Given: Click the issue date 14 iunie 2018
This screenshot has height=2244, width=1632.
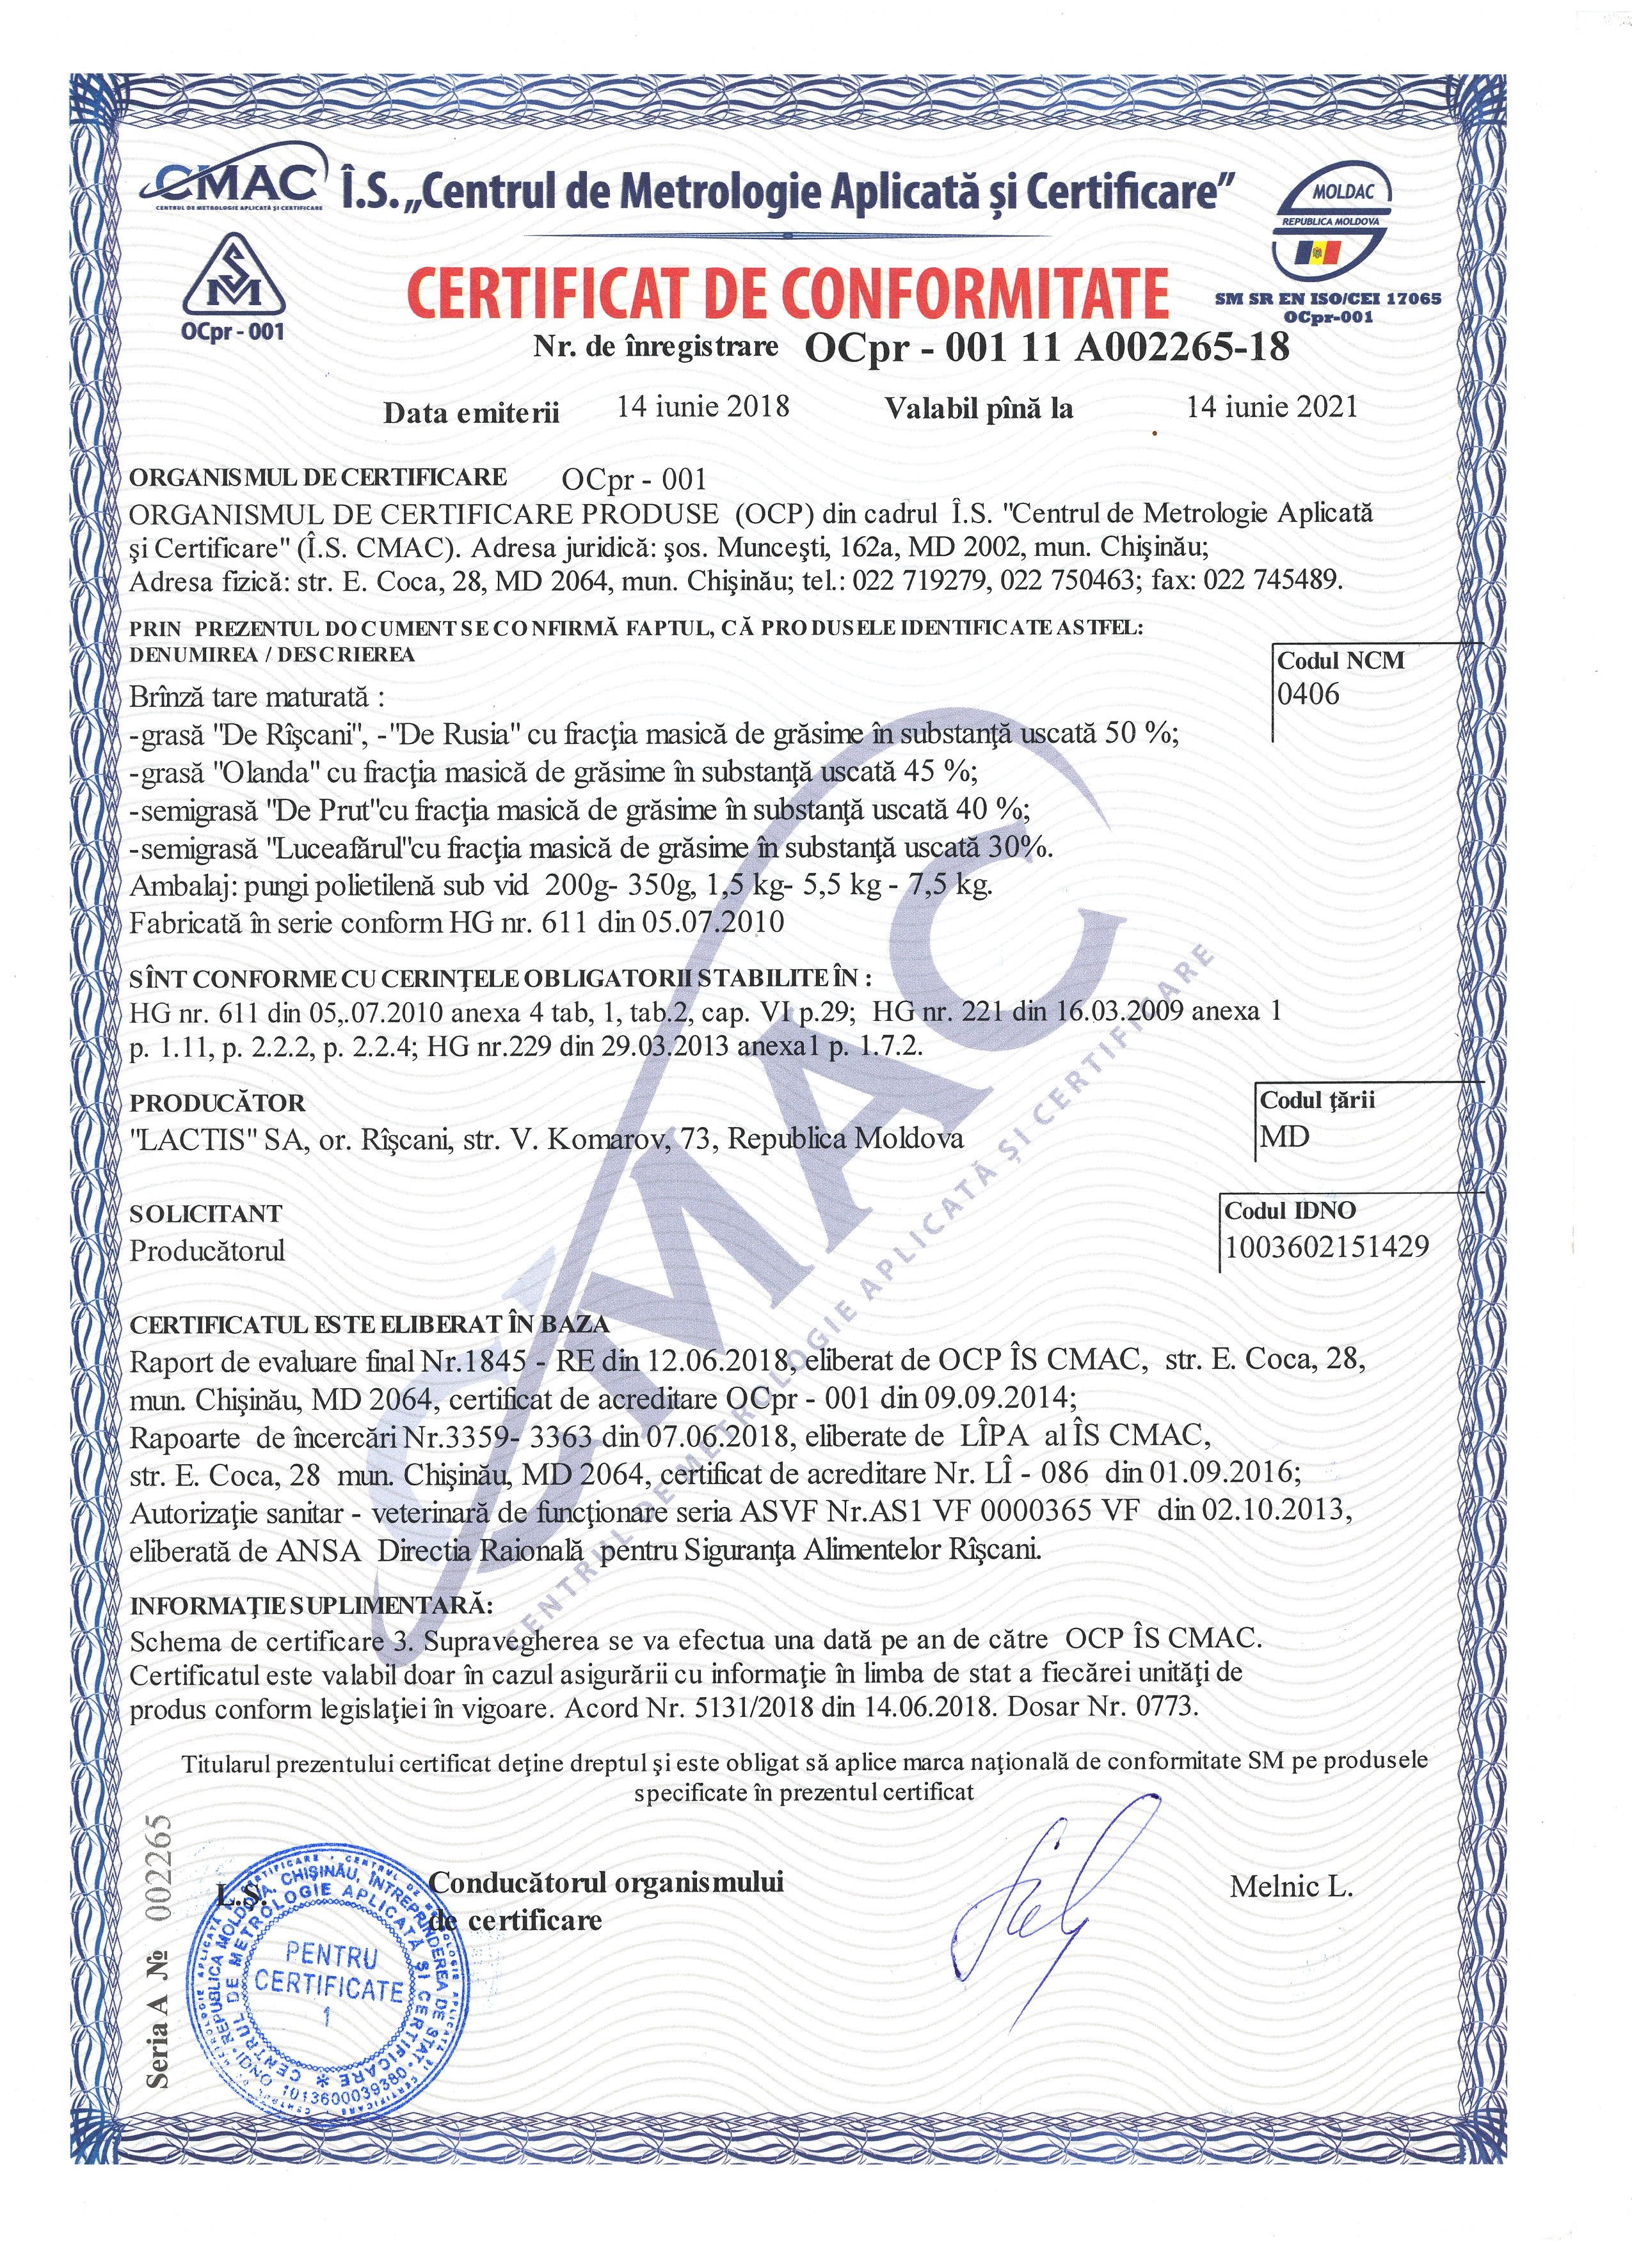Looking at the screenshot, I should click(703, 407).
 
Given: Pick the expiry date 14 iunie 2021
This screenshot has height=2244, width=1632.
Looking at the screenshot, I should click(1272, 407).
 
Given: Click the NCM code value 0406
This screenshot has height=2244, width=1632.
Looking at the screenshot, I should click(1308, 695).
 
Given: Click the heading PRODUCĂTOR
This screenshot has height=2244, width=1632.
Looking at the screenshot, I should click(218, 1103).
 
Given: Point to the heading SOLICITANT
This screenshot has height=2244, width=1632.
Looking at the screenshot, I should click(206, 1214).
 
